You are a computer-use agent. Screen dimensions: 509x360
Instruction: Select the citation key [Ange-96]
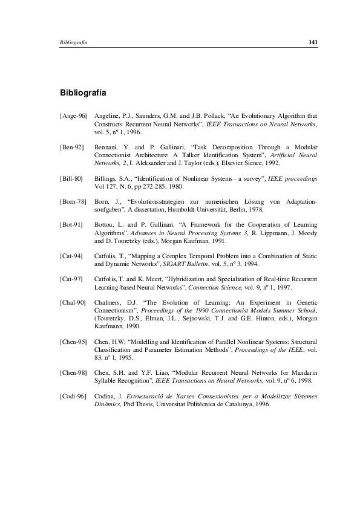(x=74, y=115)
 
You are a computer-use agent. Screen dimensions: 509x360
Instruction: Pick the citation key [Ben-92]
(x=72, y=147)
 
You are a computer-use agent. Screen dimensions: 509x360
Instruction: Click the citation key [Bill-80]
(x=72, y=180)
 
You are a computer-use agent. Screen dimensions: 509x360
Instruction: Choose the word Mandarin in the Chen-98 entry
(x=304, y=366)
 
